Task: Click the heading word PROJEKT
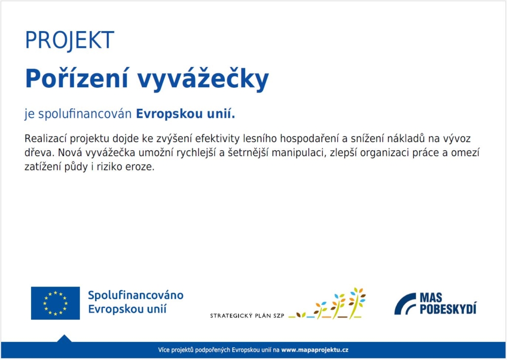click(69, 40)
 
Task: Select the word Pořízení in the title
click(77, 79)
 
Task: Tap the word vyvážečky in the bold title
click(203, 80)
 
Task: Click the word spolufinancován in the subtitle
click(85, 114)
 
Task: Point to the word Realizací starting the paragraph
click(46, 138)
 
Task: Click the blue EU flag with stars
click(55, 303)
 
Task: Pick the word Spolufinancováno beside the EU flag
click(136, 295)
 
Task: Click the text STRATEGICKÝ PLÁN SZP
click(247, 316)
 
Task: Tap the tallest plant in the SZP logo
click(357, 303)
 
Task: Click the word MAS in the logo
click(431, 297)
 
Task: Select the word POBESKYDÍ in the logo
click(448, 309)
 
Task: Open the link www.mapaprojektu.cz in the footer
click(315, 350)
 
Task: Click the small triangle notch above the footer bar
click(64, 338)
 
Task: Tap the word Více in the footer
click(164, 350)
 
